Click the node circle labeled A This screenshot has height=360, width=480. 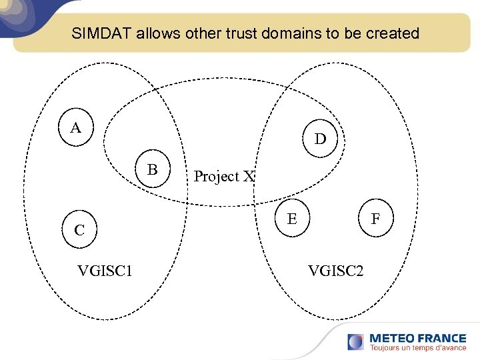click(76, 127)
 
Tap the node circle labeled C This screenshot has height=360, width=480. click(79, 230)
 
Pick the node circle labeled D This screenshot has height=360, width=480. click(321, 139)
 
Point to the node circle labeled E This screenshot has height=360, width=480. click(292, 218)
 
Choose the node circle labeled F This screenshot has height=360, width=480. click(376, 218)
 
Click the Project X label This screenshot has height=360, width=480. click(224, 177)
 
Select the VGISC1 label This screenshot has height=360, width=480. click(105, 271)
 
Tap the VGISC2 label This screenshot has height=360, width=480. click(335, 271)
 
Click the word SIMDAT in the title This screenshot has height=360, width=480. click(102, 33)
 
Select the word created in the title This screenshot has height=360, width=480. click(393, 33)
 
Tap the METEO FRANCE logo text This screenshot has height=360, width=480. click(417, 338)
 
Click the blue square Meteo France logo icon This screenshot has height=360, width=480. click(355, 342)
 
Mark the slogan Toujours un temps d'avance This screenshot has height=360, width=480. click(417, 348)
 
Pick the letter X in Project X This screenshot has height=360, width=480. click(249, 177)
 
